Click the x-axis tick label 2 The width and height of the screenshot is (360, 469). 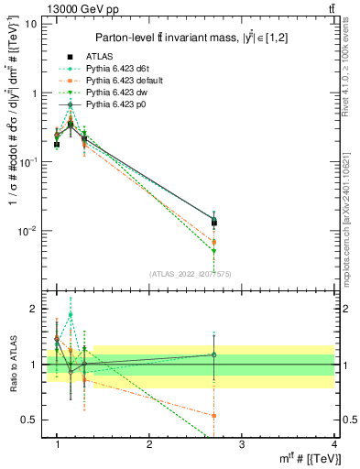pos(149,444)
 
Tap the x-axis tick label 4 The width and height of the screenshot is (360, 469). pos(333,444)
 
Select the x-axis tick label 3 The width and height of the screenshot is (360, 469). pos(242,444)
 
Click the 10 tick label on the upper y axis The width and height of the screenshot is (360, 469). pos(30,24)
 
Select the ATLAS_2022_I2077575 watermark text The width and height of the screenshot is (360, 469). pos(191,274)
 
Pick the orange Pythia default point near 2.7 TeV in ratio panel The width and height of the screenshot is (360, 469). pos(214,415)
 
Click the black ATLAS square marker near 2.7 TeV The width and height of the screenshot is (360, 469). pos(214,223)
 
